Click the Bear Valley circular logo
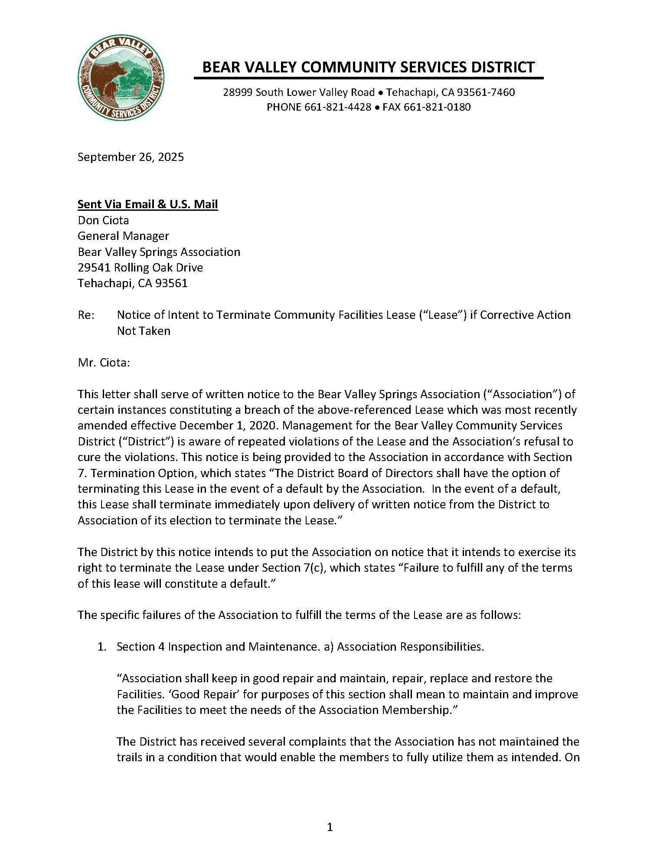tap(121, 78)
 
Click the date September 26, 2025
tap(131, 157)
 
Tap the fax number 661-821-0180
tap(437, 107)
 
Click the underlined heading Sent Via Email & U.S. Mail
tap(147, 204)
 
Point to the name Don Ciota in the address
tap(103, 220)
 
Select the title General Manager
tap(123, 236)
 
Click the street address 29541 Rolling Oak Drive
tap(140, 268)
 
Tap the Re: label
tap(86, 315)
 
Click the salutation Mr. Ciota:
tap(104, 363)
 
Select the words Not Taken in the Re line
tap(144, 331)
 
